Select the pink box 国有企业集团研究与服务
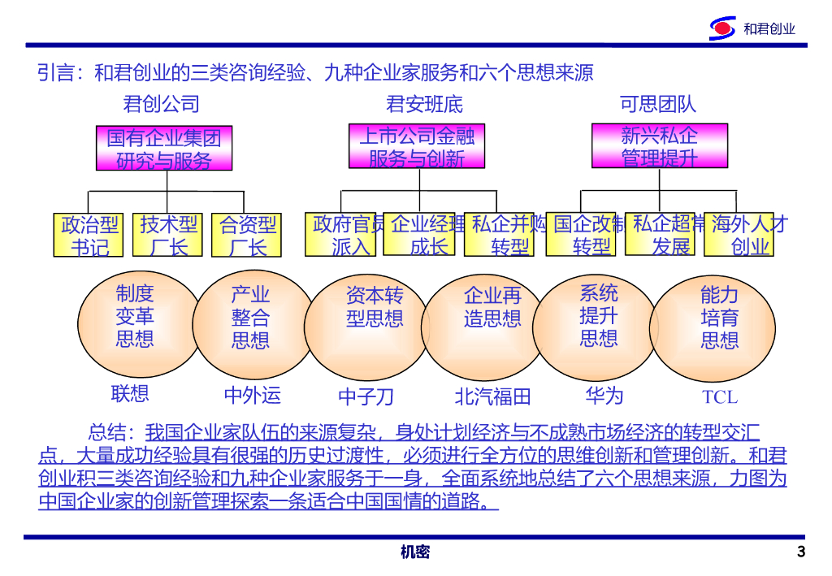click(x=164, y=148)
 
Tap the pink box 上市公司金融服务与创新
click(x=417, y=146)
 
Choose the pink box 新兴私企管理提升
click(x=659, y=146)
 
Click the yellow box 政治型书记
click(x=90, y=235)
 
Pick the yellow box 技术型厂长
click(x=169, y=235)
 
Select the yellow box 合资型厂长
click(x=248, y=235)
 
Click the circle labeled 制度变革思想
click(x=135, y=317)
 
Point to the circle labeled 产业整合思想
click(x=250, y=318)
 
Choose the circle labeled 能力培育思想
click(x=719, y=318)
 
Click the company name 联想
click(x=130, y=394)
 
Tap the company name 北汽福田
click(x=492, y=396)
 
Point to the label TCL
click(x=720, y=396)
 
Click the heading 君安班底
click(x=424, y=104)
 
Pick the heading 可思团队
click(x=658, y=104)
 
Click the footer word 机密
click(x=415, y=552)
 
